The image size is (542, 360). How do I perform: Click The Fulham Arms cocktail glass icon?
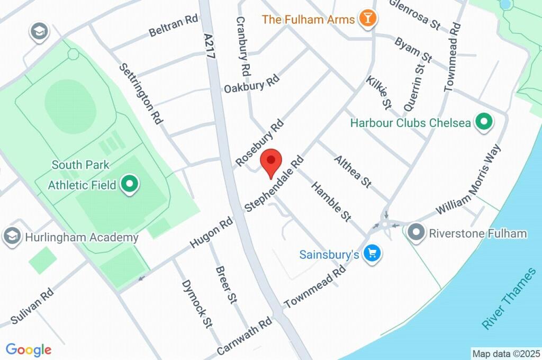(366, 19)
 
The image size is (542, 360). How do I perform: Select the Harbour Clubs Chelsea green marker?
(483, 123)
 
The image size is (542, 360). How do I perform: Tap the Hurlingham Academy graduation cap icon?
(11, 237)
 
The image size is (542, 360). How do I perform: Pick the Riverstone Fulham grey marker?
(417, 232)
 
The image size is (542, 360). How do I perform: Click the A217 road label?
(211, 49)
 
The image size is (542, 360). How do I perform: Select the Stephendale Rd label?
(274, 183)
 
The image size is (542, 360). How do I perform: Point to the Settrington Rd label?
(140, 94)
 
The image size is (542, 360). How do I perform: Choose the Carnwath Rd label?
(245, 337)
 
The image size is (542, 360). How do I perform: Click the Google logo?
(29, 349)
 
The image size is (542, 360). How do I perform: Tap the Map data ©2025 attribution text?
(506, 353)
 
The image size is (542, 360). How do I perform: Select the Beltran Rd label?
(173, 26)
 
